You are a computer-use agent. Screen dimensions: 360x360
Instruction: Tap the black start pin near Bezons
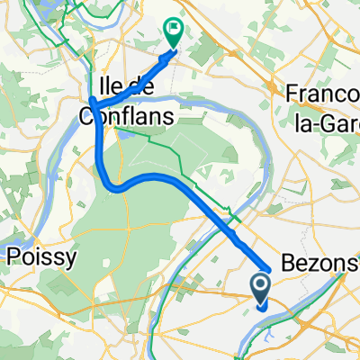tap(261, 289)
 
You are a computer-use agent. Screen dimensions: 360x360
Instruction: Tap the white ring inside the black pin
tap(261, 285)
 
